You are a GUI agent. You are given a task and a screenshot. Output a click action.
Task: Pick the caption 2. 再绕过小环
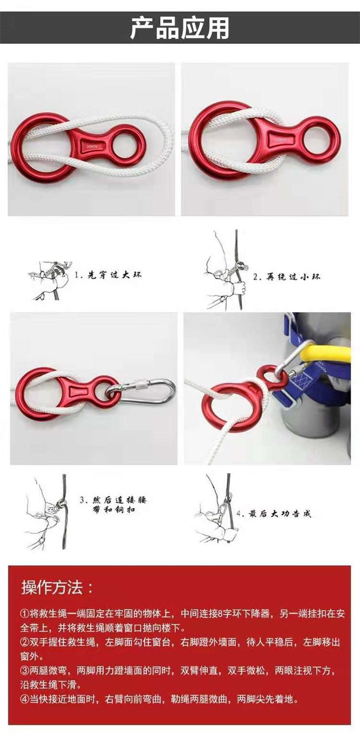287,276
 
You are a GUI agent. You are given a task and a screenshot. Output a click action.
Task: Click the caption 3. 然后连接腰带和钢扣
113,505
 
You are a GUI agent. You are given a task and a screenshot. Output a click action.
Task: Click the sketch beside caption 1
49,280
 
